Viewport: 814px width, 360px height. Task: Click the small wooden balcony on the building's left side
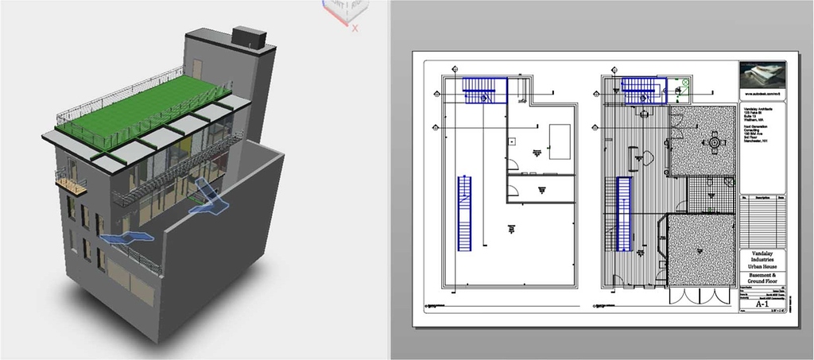tap(71, 186)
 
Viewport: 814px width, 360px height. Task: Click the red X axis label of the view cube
tap(355, 28)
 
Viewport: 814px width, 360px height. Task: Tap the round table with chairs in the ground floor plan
tap(714, 144)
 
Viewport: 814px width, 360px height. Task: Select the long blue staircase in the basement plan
tap(464, 213)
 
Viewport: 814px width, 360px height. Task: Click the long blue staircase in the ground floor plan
tap(624, 213)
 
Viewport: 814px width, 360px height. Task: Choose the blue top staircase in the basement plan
tap(484, 90)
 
